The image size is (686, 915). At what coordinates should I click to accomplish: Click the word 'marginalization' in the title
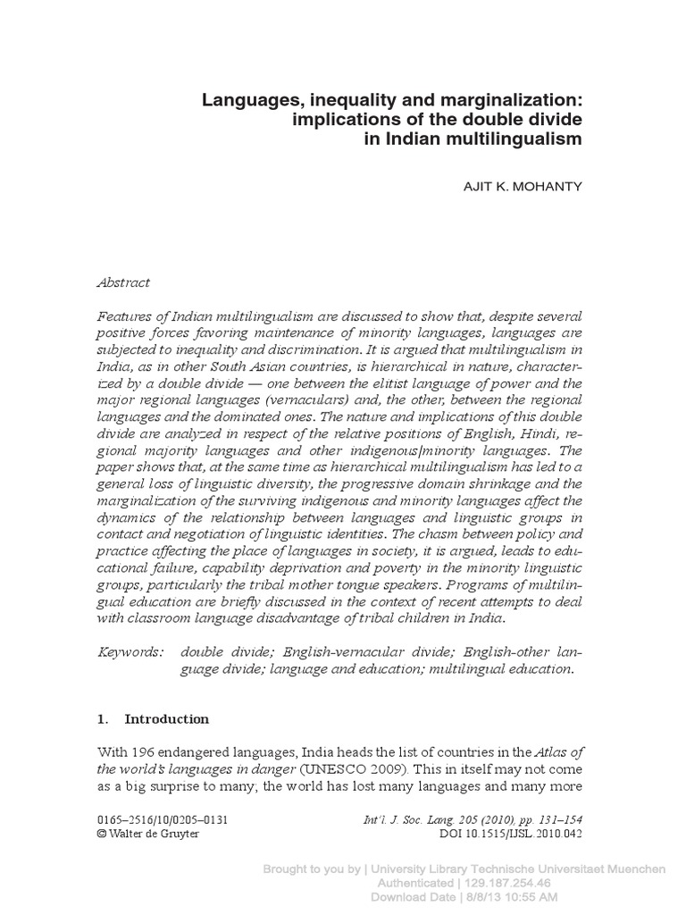[x=499, y=100]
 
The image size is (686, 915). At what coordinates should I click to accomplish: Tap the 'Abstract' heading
[x=123, y=281]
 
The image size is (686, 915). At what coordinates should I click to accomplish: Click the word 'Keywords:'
[x=130, y=652]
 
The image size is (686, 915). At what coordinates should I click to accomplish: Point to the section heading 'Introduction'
[x=167, y=718]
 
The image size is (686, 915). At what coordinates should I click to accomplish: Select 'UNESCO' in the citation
[x=327, y=768]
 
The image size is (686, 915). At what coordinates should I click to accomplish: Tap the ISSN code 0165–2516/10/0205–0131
[x=155, y=819]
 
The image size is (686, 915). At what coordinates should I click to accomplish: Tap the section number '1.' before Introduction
[x=102, y=718]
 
